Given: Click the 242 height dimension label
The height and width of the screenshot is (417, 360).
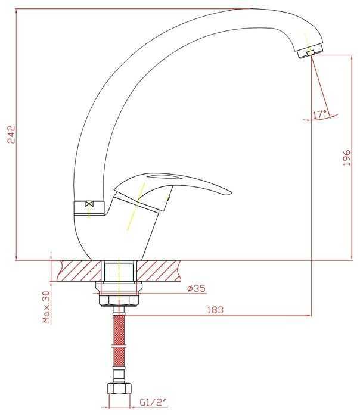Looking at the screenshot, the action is [11, 134].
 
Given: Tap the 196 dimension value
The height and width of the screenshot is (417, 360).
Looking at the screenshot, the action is [346, 158].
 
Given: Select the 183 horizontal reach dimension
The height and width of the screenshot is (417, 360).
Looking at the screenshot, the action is [215, 310].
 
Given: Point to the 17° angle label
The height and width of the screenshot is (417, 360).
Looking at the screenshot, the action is [319, 114].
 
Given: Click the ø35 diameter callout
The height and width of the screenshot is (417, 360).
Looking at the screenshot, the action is [196, 288].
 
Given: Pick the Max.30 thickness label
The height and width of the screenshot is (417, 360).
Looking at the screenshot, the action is [47, 307].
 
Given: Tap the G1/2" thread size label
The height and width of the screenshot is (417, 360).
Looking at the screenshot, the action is [154, 402].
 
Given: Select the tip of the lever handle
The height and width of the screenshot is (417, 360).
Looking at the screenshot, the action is [231, 192].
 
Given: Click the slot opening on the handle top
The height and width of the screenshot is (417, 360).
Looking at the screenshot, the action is [162, 176].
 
